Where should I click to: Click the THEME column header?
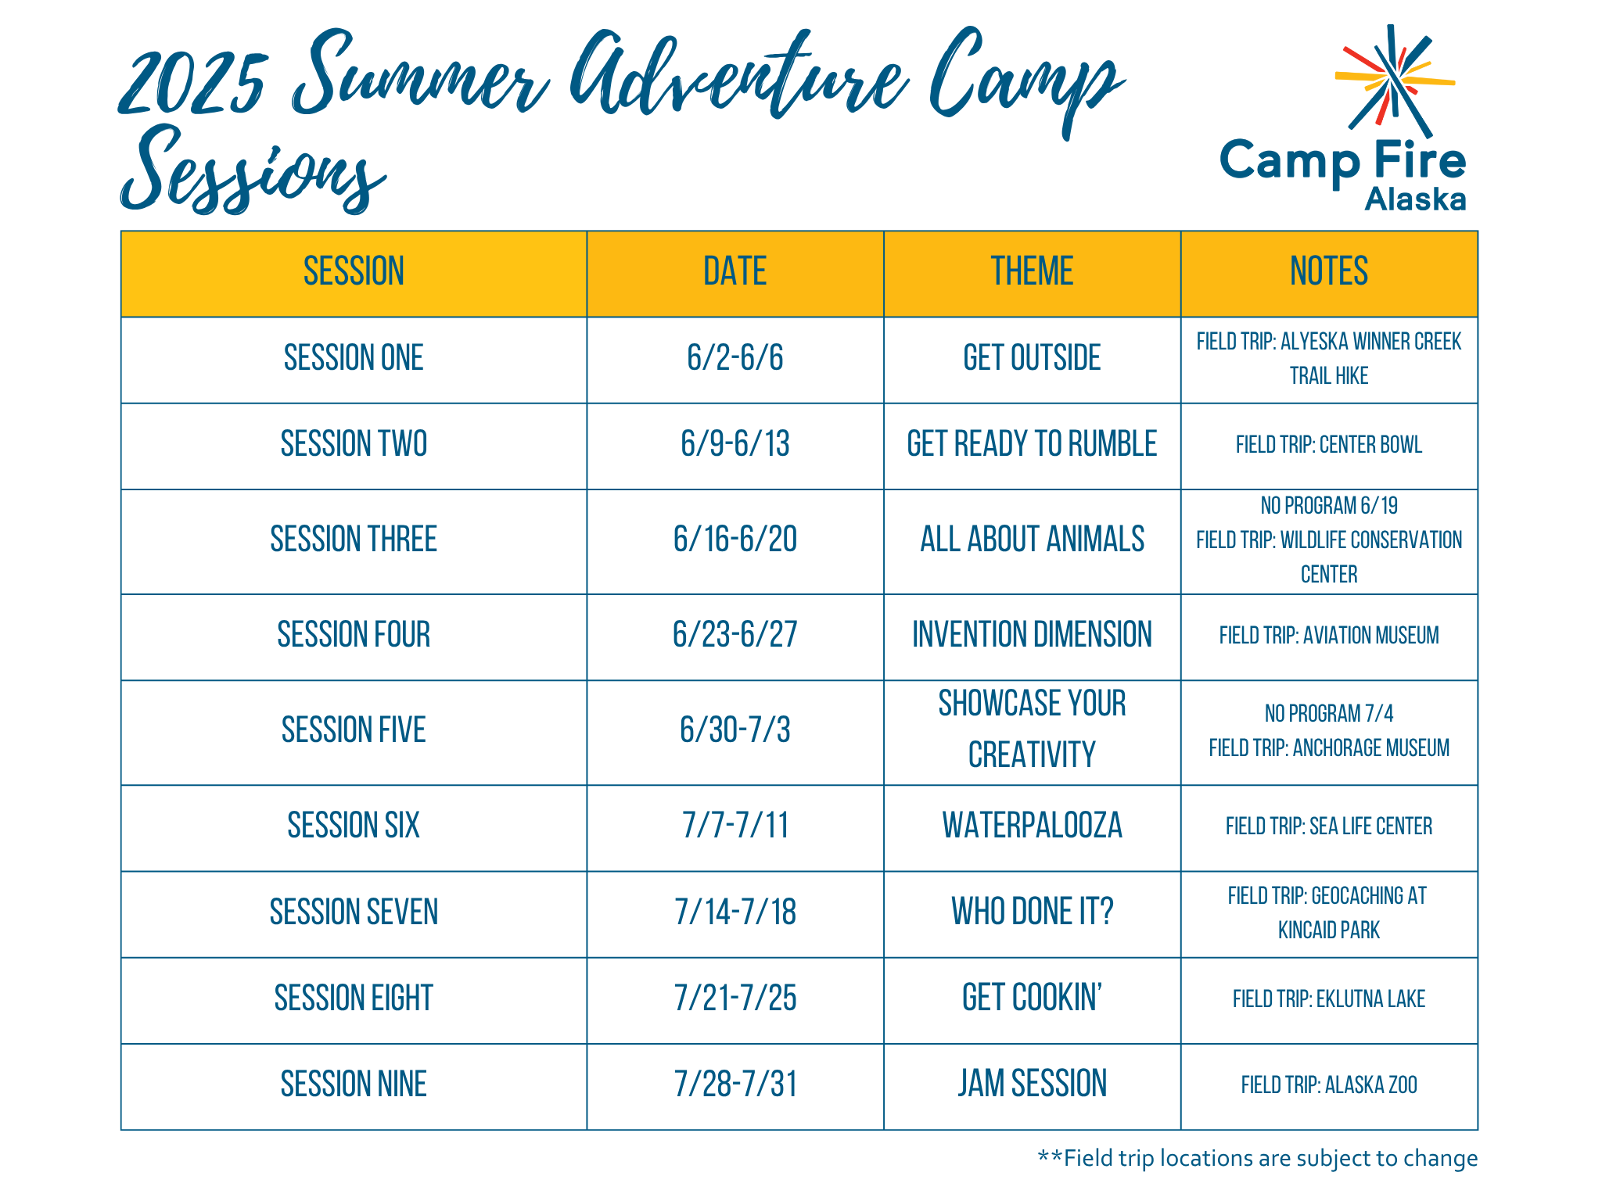1032,271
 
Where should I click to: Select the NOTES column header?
1329,271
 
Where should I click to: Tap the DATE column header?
735,271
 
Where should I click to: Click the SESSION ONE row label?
354,358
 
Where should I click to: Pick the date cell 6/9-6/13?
735,444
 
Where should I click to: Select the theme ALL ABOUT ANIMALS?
1032,540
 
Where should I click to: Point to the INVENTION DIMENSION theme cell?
1032,635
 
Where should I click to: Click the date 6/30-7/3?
735,730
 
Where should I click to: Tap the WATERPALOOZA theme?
1032,826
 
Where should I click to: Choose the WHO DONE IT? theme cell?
1032,912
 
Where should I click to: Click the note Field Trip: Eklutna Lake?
1329,999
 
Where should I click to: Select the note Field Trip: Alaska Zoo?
1329,1085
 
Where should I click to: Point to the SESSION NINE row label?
354,1084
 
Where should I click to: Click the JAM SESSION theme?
1032,1084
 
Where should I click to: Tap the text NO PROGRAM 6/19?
1329,506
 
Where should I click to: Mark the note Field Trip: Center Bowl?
1329,445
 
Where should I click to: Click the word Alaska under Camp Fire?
1415,199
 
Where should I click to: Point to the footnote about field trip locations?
1257,1158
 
